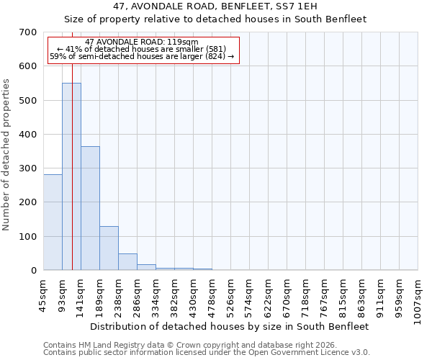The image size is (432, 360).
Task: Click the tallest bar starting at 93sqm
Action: pos(71,176)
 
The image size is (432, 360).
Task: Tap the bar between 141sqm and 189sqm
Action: pos(90,208)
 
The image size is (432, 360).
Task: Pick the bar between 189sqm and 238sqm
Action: pos(109,248)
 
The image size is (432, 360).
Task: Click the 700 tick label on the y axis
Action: pos(28,32)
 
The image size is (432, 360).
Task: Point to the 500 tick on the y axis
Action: pos(28,100)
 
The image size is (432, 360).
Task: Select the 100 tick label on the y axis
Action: pos(28,236)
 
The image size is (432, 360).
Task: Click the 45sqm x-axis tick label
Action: pos(44,296)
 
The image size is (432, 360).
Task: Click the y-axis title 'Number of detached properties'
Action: pos(6,155)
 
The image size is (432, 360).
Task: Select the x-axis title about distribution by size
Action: pos(230,326)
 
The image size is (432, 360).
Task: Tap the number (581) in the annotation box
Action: pos(215,50)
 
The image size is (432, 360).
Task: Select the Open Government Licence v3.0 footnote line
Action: pos(207,352)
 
